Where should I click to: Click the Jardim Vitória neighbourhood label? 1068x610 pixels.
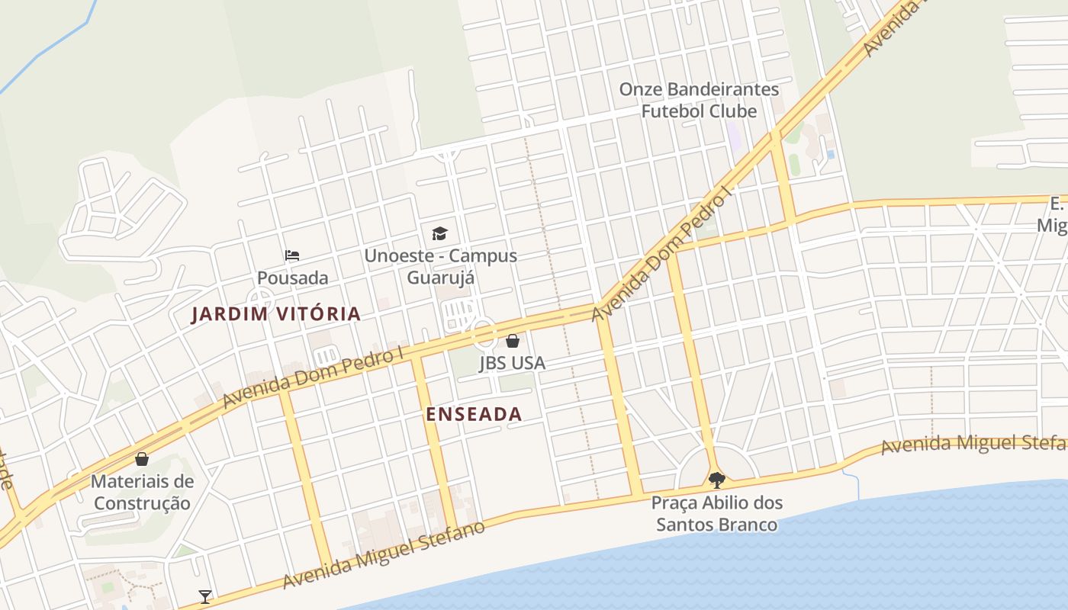pos(275,313)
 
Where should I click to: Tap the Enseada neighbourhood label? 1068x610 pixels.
pos(474,414)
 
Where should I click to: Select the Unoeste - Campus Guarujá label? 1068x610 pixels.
pos(440,266)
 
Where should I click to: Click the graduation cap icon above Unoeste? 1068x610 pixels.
pos(439,233)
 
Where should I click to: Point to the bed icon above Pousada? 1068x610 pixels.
pos(292,255)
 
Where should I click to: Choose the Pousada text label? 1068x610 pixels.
pos(292,278)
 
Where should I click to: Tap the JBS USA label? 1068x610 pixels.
pos(512,363)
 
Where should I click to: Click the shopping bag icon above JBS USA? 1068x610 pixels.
pos(513,340)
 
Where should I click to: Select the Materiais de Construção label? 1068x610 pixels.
pos(142,492)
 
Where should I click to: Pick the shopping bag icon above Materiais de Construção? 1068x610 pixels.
pos(141,458)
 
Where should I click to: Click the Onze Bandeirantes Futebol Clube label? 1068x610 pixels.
pos(699,100)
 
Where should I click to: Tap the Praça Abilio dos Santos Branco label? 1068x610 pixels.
pos(716,514)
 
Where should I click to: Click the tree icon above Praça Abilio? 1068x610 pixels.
pos(716,480)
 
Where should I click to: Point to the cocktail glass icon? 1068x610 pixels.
pos(204,596)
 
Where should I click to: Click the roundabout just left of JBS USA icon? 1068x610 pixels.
pos(482,334)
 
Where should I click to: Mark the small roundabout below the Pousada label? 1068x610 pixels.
pos(259,299)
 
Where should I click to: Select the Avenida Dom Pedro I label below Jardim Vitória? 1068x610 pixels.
pos(312,379)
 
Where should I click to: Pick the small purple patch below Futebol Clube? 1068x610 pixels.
pos(734,136)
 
